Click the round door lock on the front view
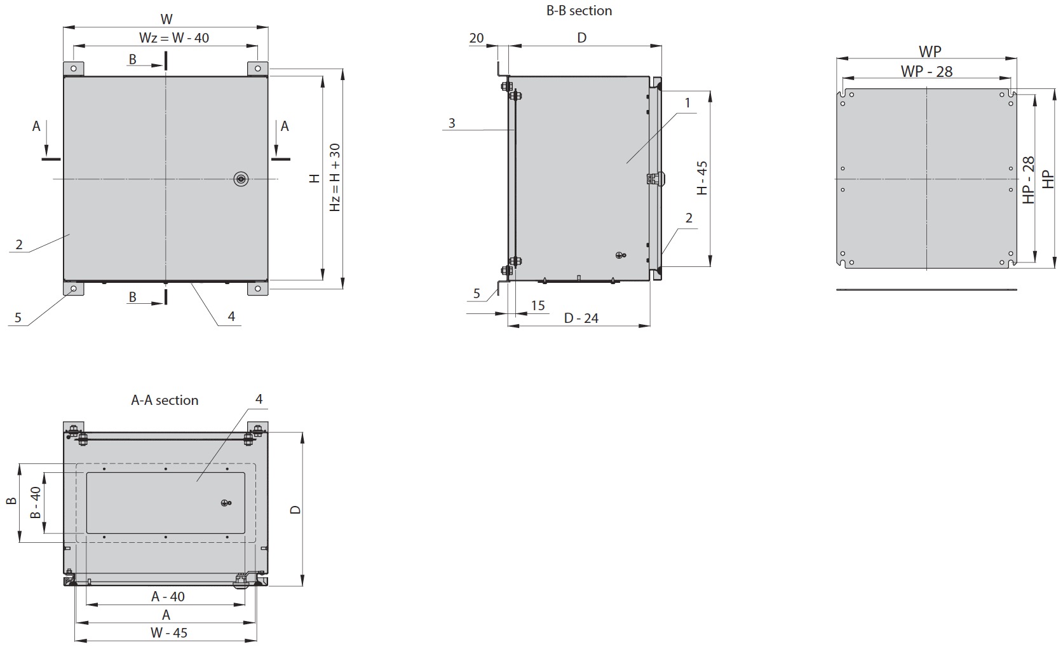click(x=241, y=179)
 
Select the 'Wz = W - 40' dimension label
click(x=173, y=38)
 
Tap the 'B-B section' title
click(x=579, y=10)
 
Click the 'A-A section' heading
click(x=165, y=400)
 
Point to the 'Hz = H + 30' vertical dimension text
click(x=335, y=177)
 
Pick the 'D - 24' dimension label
click(x=581, y=318)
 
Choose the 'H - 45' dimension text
click(x=702, y=178)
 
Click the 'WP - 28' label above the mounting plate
click(x=926, y=72)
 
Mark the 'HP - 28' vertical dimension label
click(x=1028, y=180)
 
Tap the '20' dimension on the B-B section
click(x=477, y=38)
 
